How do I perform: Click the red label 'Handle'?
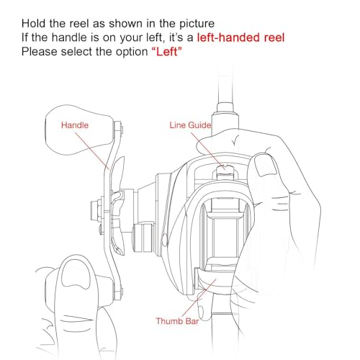pos(75,125)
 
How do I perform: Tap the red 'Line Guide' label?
pos(190,125)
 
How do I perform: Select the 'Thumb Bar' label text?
pos(177,321)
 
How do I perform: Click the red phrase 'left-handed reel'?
pos(240,37)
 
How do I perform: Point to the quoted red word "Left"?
pos(167,52)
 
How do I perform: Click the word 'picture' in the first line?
pos(197,24)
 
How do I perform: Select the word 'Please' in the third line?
pos(40,52)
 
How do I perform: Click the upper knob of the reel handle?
pos(79,130)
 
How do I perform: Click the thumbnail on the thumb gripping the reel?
pos(266,165)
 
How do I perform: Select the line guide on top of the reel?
pos(225,173)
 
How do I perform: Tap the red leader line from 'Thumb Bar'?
pos(199,297)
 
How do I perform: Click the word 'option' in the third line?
pos(132,52)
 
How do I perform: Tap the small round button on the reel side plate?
pos(165,239)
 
